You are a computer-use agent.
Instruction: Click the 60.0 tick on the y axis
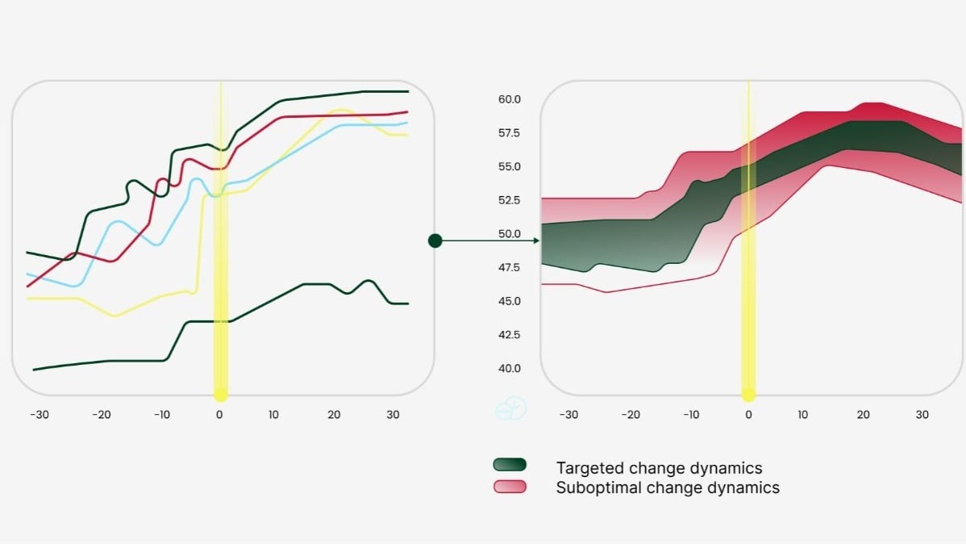[x=509, y=99]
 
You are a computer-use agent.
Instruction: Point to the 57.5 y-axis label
[x=509, y=133]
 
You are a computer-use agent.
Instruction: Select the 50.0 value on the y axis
[x=509, y=234]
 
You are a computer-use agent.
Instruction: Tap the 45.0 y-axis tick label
[x=509, y=301]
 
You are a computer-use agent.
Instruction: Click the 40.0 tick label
[x=509, y=368]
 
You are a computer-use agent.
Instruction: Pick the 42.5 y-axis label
[x=509, y=334]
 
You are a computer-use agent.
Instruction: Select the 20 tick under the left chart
[x=334, y=415]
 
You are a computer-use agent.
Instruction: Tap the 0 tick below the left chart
[x=219, y=415]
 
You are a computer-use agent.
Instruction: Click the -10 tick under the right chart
[x=691, y=415]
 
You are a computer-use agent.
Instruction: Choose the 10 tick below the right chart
[x=803, y=415]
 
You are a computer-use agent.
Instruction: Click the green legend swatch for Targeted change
[x=510, y=465]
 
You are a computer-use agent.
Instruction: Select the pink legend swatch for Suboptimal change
[x=510, y=487]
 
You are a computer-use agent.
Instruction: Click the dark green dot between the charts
[x=435, y=241]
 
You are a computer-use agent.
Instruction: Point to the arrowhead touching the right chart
[x=536, y=241]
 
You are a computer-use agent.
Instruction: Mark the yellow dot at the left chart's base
[x=220, y=395]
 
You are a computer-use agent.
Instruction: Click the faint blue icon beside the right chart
[x=510, y=408]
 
